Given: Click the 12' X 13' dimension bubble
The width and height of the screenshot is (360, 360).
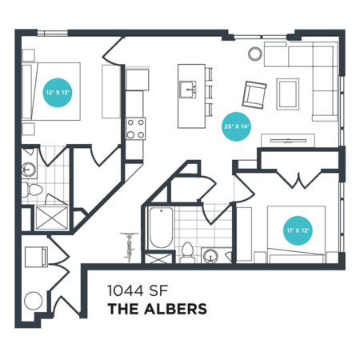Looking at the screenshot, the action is coord(58,93).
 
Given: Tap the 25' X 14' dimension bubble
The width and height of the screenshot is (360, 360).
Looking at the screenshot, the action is coord(237,126).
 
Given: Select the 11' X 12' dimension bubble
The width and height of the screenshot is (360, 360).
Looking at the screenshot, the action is coord(298,230).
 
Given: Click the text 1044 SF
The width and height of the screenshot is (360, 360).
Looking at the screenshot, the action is coord(137,291).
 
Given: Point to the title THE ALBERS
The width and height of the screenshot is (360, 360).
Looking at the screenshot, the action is coord(158,309).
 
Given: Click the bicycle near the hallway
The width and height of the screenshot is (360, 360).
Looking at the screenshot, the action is coord(130,246).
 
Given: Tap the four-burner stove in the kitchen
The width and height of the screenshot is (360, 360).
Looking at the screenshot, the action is coord(136,129).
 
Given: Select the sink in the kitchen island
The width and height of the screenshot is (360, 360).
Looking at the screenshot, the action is coord(188,90).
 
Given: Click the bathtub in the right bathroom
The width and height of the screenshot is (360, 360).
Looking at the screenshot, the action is coord(161,228).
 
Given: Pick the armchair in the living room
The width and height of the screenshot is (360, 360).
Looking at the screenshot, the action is coord(254,94).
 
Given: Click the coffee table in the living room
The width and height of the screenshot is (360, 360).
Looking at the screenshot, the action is coord(288,94).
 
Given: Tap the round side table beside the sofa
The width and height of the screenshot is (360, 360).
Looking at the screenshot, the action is coord(255,54).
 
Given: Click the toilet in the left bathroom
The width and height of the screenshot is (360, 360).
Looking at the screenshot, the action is coord(32,190).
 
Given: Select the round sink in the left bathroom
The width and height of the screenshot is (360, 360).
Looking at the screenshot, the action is coord(28,170).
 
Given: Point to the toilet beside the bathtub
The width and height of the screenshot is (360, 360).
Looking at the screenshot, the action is coord(187,253).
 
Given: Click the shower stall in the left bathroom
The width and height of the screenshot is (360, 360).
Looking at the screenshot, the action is coord(52,218).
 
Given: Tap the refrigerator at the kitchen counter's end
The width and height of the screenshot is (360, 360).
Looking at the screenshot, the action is coord(137,80).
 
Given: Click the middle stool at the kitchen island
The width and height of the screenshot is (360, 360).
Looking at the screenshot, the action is coord(209,91).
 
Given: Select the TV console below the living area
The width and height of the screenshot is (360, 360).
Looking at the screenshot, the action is coord(288,140).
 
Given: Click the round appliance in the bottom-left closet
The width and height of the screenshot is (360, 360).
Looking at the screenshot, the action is coord(34,301).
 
